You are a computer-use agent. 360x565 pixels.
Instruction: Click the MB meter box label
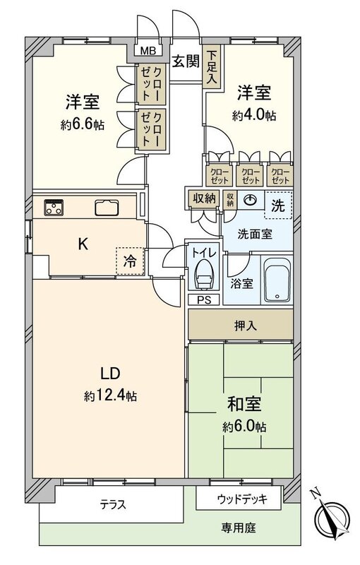[x=148, y=51]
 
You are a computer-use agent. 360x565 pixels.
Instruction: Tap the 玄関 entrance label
[x=185, y=61]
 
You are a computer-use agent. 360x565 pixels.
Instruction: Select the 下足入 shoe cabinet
[x=212, y=66]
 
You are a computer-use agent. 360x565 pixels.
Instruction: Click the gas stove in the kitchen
[x=54, y=207]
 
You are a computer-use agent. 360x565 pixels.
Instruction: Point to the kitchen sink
[x=107, y=208]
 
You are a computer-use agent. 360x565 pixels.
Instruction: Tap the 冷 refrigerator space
[x=130, y=261]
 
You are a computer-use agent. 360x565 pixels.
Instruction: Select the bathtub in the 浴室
[x=277, y=280]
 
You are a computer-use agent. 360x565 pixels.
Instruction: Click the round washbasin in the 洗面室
[x=250, y=200]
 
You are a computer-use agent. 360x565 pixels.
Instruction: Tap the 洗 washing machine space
[x=278, y=206]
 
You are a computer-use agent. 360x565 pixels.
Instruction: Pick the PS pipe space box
[x=204, y=299]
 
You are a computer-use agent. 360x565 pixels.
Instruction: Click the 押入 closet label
[x=246, y=326]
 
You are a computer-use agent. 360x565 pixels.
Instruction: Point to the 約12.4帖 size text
[x=110, y=396]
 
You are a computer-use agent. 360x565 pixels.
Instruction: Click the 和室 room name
[x=244, y=404]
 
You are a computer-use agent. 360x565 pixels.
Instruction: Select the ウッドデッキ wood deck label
[x=242, y=499]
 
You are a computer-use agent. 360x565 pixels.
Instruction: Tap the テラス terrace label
[x=113, y=504]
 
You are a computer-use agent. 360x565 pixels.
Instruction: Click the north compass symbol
[x=332, y=516]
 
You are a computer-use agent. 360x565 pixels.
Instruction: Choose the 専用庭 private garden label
[x=239, y=528]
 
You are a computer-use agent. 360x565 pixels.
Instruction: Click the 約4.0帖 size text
[x=254, y=116]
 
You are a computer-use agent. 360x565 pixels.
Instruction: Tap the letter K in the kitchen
[x=83, y=244]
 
